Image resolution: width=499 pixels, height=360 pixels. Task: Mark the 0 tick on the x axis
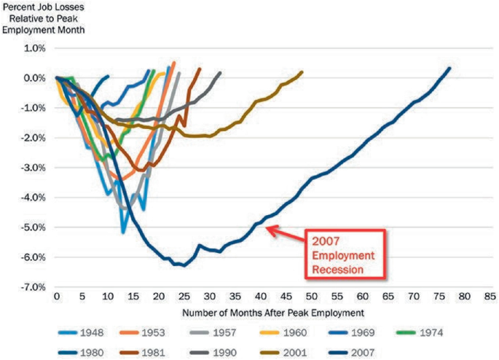coord(56,297)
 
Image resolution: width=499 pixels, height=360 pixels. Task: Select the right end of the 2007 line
coord(449,69)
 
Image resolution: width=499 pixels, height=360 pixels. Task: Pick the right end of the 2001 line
coord(302,72)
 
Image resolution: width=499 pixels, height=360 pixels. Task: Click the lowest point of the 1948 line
coord(123,232)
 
